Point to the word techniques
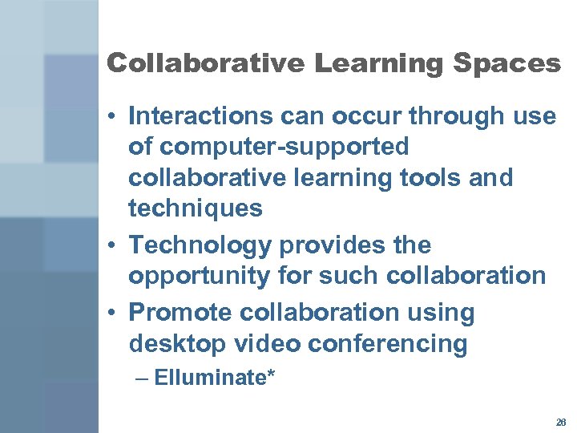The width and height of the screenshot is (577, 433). tap(195, 208)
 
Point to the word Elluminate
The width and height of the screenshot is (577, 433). tap(210, 377)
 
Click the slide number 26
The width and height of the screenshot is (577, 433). tap(560, 422)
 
